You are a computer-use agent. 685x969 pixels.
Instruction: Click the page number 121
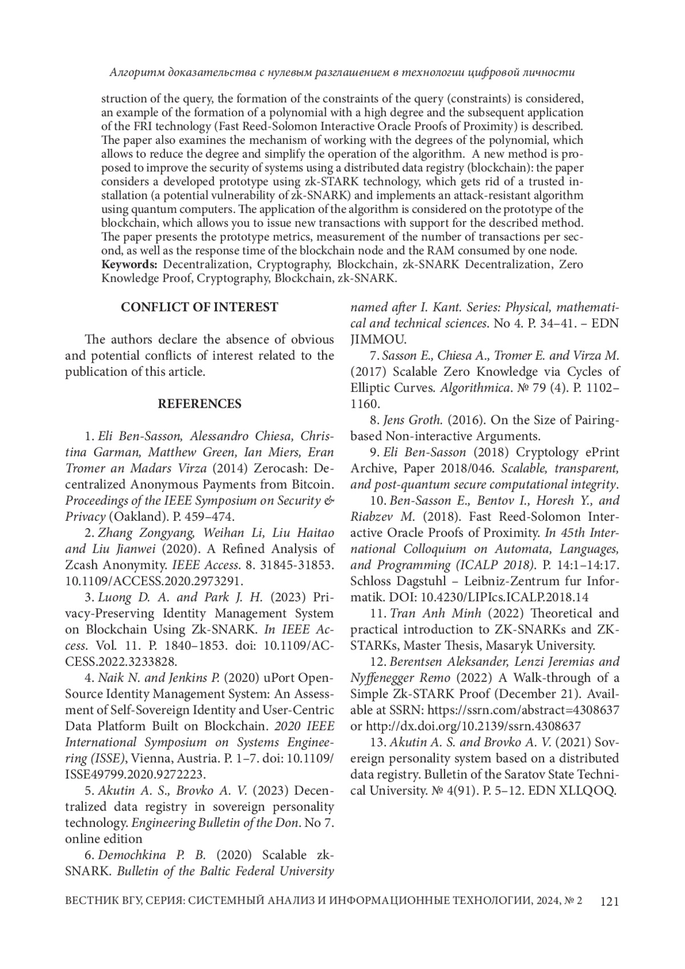pyautogui.click(x=609, y=902)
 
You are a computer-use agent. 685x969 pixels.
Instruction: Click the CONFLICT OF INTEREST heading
pyautogui.click(x=199, y=307)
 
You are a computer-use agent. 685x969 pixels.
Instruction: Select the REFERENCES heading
pyautogui.click(x=199, y=404)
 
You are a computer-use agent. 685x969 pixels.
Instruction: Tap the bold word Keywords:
pyautogui.click(x=129, y=265)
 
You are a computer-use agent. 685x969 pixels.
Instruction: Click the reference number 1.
pyautogui.click(x=88, y=437)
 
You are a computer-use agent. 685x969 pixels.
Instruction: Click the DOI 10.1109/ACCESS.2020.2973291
pyautogui.click(x=154, y=581)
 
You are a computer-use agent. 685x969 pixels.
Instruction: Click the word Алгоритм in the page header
pyautogui.click(x=135, y=73)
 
